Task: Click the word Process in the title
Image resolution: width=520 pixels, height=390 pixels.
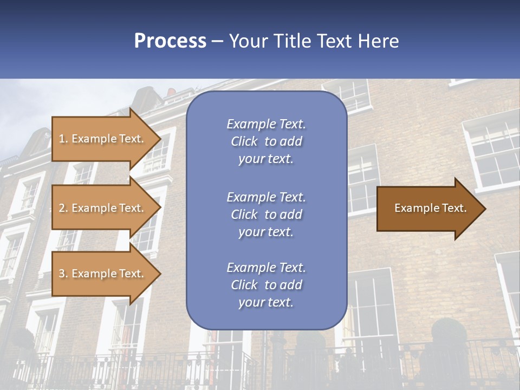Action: pos(170,41)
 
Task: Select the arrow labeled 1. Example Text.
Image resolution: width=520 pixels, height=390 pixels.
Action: pos(103,139)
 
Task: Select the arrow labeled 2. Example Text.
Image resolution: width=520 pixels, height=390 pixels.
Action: pos(103,208)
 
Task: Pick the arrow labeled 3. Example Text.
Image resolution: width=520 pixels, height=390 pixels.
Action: pos(103,274)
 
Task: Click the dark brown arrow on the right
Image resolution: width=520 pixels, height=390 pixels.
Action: pos(428,208)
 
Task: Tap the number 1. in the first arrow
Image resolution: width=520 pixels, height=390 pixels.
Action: pos(63,139)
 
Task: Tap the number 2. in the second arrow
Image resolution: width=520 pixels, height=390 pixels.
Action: pos(63,208)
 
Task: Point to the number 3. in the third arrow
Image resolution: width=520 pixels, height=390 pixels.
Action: pos(63,274)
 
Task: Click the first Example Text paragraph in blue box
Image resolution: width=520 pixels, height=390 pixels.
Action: pos(266,141)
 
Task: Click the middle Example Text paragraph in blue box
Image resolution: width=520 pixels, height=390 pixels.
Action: pos(266,214)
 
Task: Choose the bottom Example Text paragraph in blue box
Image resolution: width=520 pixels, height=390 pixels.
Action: pos(266,285)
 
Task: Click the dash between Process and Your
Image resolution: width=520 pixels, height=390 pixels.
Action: pos(218,41)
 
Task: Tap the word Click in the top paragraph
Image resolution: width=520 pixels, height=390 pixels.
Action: pos(244,141)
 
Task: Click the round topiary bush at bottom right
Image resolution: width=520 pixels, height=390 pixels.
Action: pos(448,333)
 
